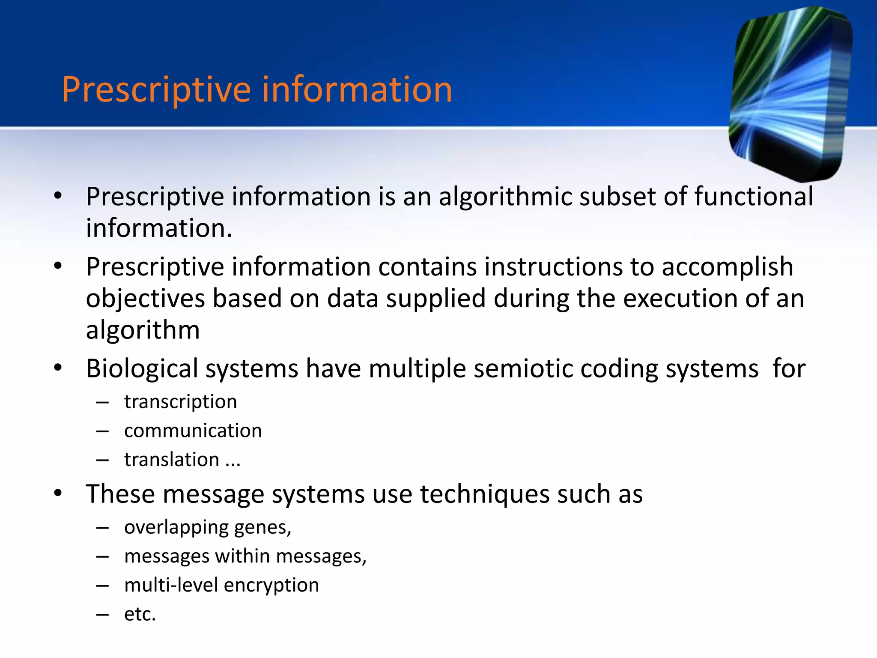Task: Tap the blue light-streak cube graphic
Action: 790,92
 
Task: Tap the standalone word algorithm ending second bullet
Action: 143,331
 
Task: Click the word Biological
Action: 142,369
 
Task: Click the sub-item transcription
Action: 180,402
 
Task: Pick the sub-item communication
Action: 193,431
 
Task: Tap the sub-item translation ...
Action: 172,460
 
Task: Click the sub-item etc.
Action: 140,614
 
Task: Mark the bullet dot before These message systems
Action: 58,493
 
